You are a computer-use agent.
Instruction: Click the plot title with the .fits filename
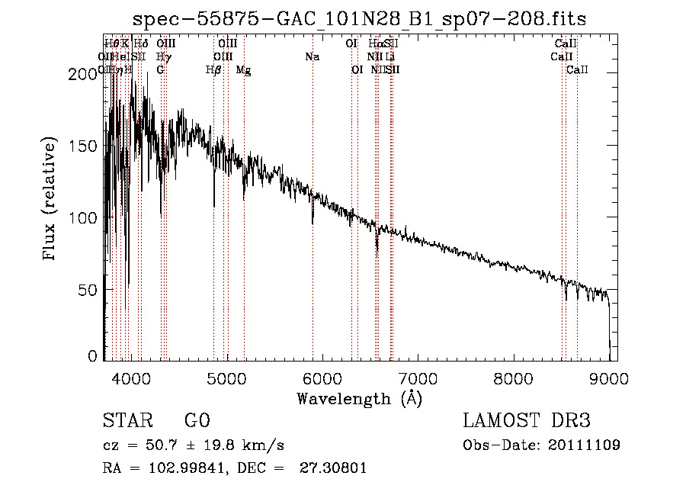click(x=359, y=19)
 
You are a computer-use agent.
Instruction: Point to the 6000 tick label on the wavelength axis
click(x=322, y=375)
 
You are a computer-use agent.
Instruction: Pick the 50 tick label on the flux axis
click(x=89, y=290)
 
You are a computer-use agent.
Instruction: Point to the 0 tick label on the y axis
click(x=93, y=355)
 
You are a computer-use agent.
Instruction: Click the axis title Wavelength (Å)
click(x=359, y=398)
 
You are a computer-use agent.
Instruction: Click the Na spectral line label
click(x=312, y=57)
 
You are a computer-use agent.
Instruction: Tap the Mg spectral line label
click(x=244, y=70)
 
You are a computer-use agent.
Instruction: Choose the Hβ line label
click(x=213, y=70)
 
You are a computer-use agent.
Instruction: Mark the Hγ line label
click(x=163, y=57)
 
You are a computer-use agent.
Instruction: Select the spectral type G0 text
click(x=197, y=421)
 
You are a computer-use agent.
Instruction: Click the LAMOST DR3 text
click(x=526, y=421)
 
